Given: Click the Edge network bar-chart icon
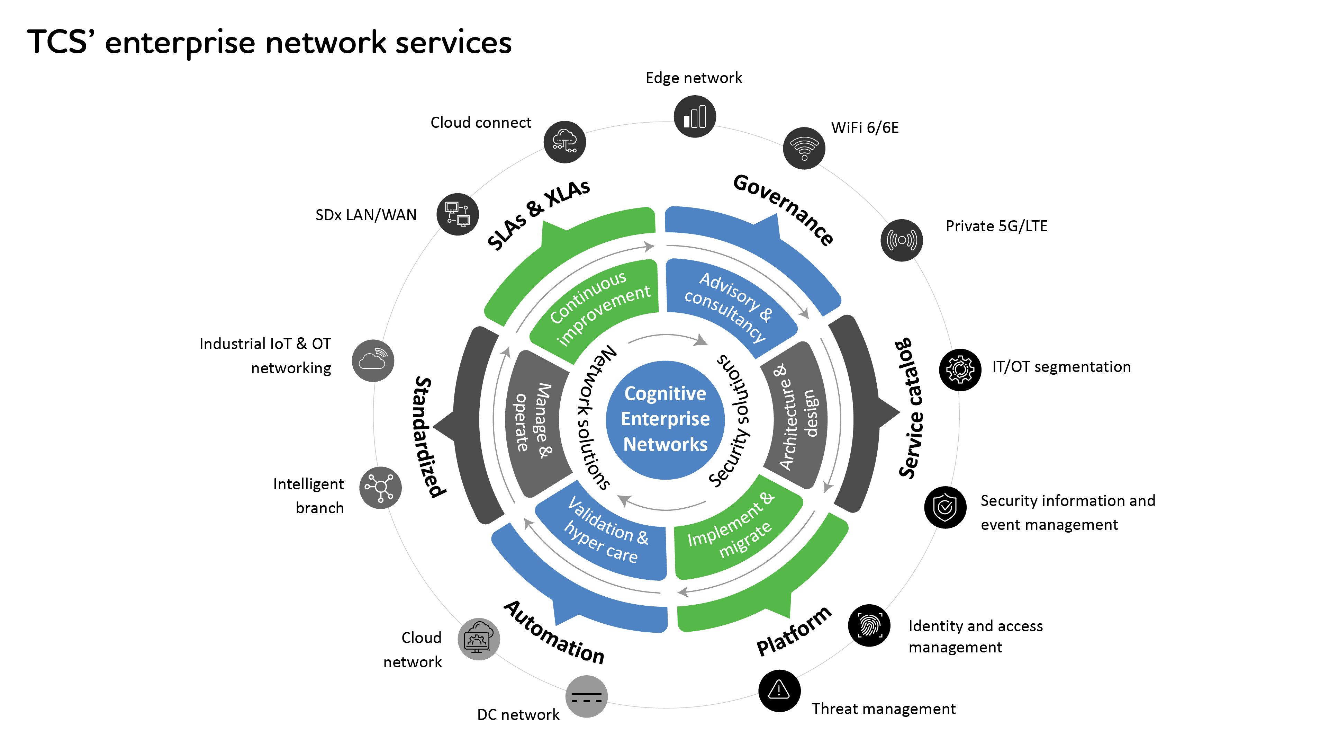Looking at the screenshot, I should coord(694,117).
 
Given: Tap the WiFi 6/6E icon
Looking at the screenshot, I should coord(804,148).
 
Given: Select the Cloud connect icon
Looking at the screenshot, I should coord(564,142).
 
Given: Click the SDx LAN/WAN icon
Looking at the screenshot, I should coord(458,214).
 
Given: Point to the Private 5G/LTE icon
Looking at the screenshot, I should coord(901,240).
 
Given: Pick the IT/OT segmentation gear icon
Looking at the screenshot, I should coord(960,369).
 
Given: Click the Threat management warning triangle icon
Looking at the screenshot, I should coord(779,690).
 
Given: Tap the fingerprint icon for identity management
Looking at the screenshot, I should coord(869,625).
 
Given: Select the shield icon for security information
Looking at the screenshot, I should coord(945,507).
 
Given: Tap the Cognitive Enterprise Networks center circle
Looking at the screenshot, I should coord(665,419).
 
